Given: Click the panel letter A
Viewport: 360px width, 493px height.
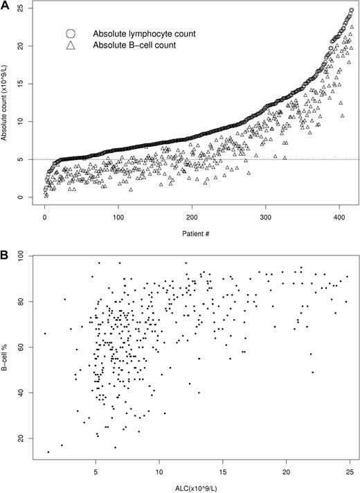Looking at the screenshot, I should click(6, 6).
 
